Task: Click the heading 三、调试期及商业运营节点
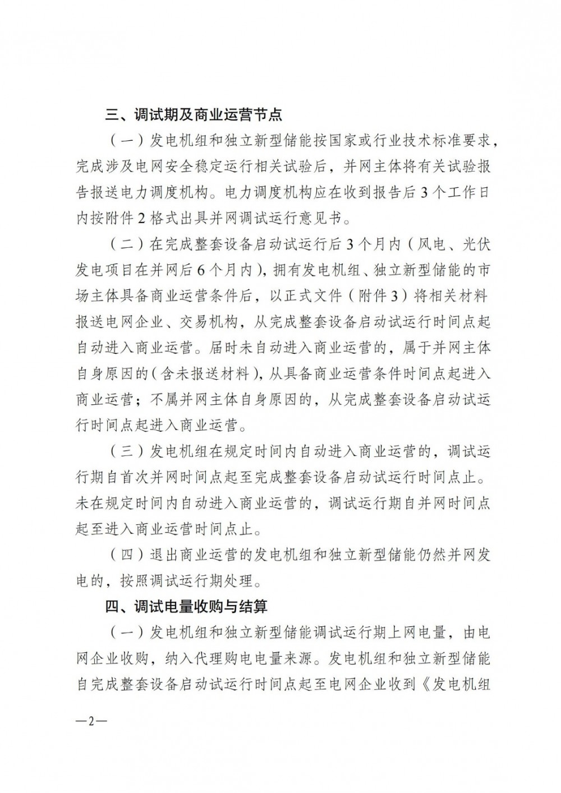tap(194, 116)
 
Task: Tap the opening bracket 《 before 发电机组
tap(424, 684)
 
